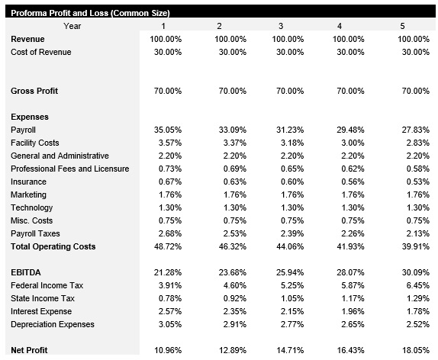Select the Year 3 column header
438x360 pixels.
281,26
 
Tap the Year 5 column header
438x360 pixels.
403,26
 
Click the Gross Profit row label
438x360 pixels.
34,91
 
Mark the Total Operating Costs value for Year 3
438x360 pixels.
289,246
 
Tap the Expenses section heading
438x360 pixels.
30,117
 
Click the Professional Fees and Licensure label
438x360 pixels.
70,169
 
